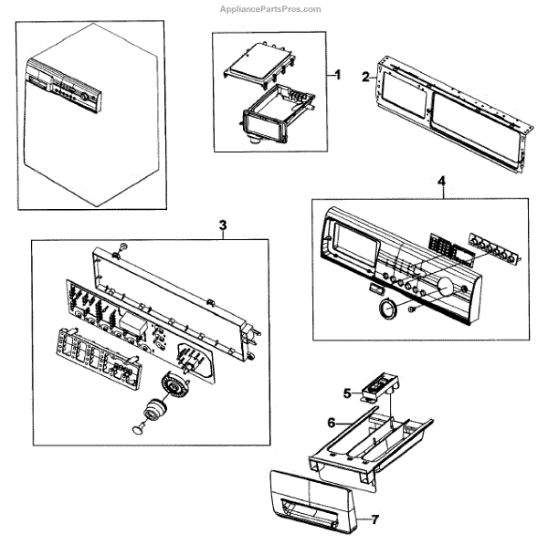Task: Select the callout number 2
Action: click(x=365, y=77)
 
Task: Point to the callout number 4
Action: click(x=442, y=182)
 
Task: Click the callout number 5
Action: click(x=347, y=393)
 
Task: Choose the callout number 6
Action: click(x=332, y=423)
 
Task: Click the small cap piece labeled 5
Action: click(x=374, y=391)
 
